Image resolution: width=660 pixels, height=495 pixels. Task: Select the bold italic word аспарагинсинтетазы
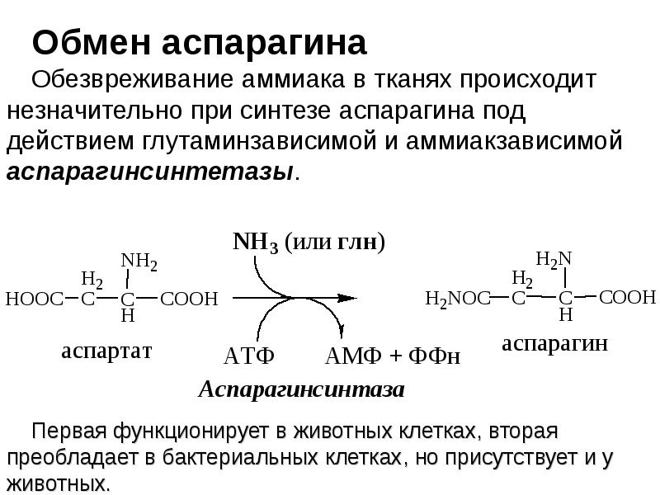point(149,173)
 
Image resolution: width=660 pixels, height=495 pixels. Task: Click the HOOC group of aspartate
point(34,299)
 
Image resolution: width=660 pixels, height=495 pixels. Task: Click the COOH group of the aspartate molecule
point(187,299)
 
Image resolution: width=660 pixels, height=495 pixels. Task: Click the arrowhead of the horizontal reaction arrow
point(346,297)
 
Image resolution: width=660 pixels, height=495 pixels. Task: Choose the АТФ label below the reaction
point(248,357)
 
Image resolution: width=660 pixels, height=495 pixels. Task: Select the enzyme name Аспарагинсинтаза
point(301,390)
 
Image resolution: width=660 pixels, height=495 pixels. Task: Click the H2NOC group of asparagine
point(456,298)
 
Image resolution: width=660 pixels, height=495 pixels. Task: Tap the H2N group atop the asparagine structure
point(554,260)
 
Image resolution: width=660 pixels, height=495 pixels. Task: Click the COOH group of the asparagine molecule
point(628,297)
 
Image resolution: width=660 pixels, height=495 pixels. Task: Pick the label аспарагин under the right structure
point(554,344)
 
